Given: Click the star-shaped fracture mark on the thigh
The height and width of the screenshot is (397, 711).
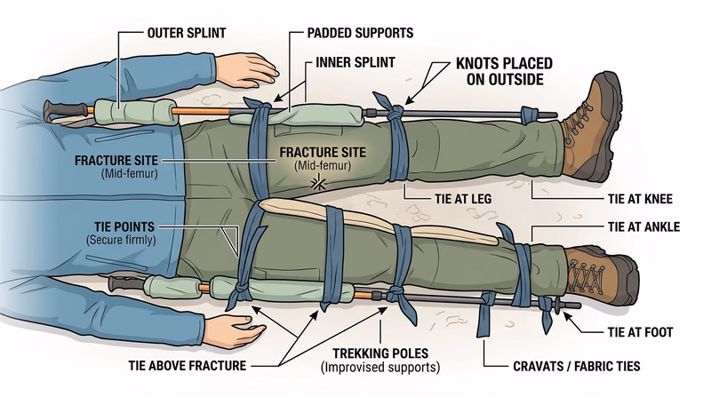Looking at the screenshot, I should (x=314, y=183).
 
